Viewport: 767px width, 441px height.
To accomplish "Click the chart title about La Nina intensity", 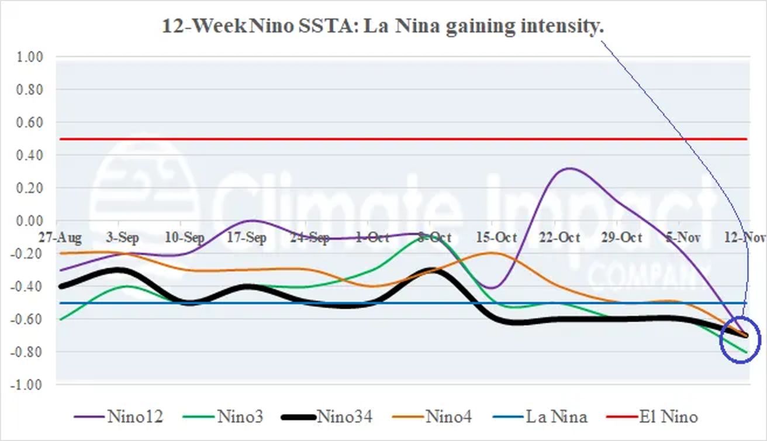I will pos(383,27).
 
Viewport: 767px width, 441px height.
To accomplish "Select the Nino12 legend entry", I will pos(119,417).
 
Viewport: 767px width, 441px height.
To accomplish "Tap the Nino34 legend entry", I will pos(326,417).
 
